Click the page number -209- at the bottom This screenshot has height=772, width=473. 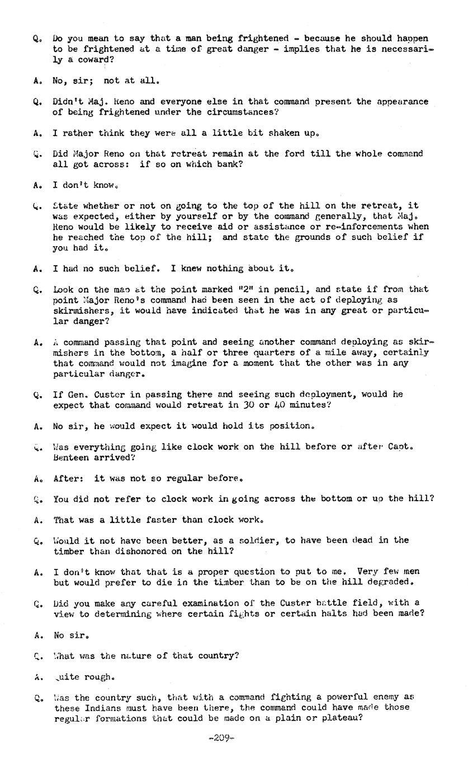[221, 737]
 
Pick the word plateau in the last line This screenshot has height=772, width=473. [342, 718]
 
